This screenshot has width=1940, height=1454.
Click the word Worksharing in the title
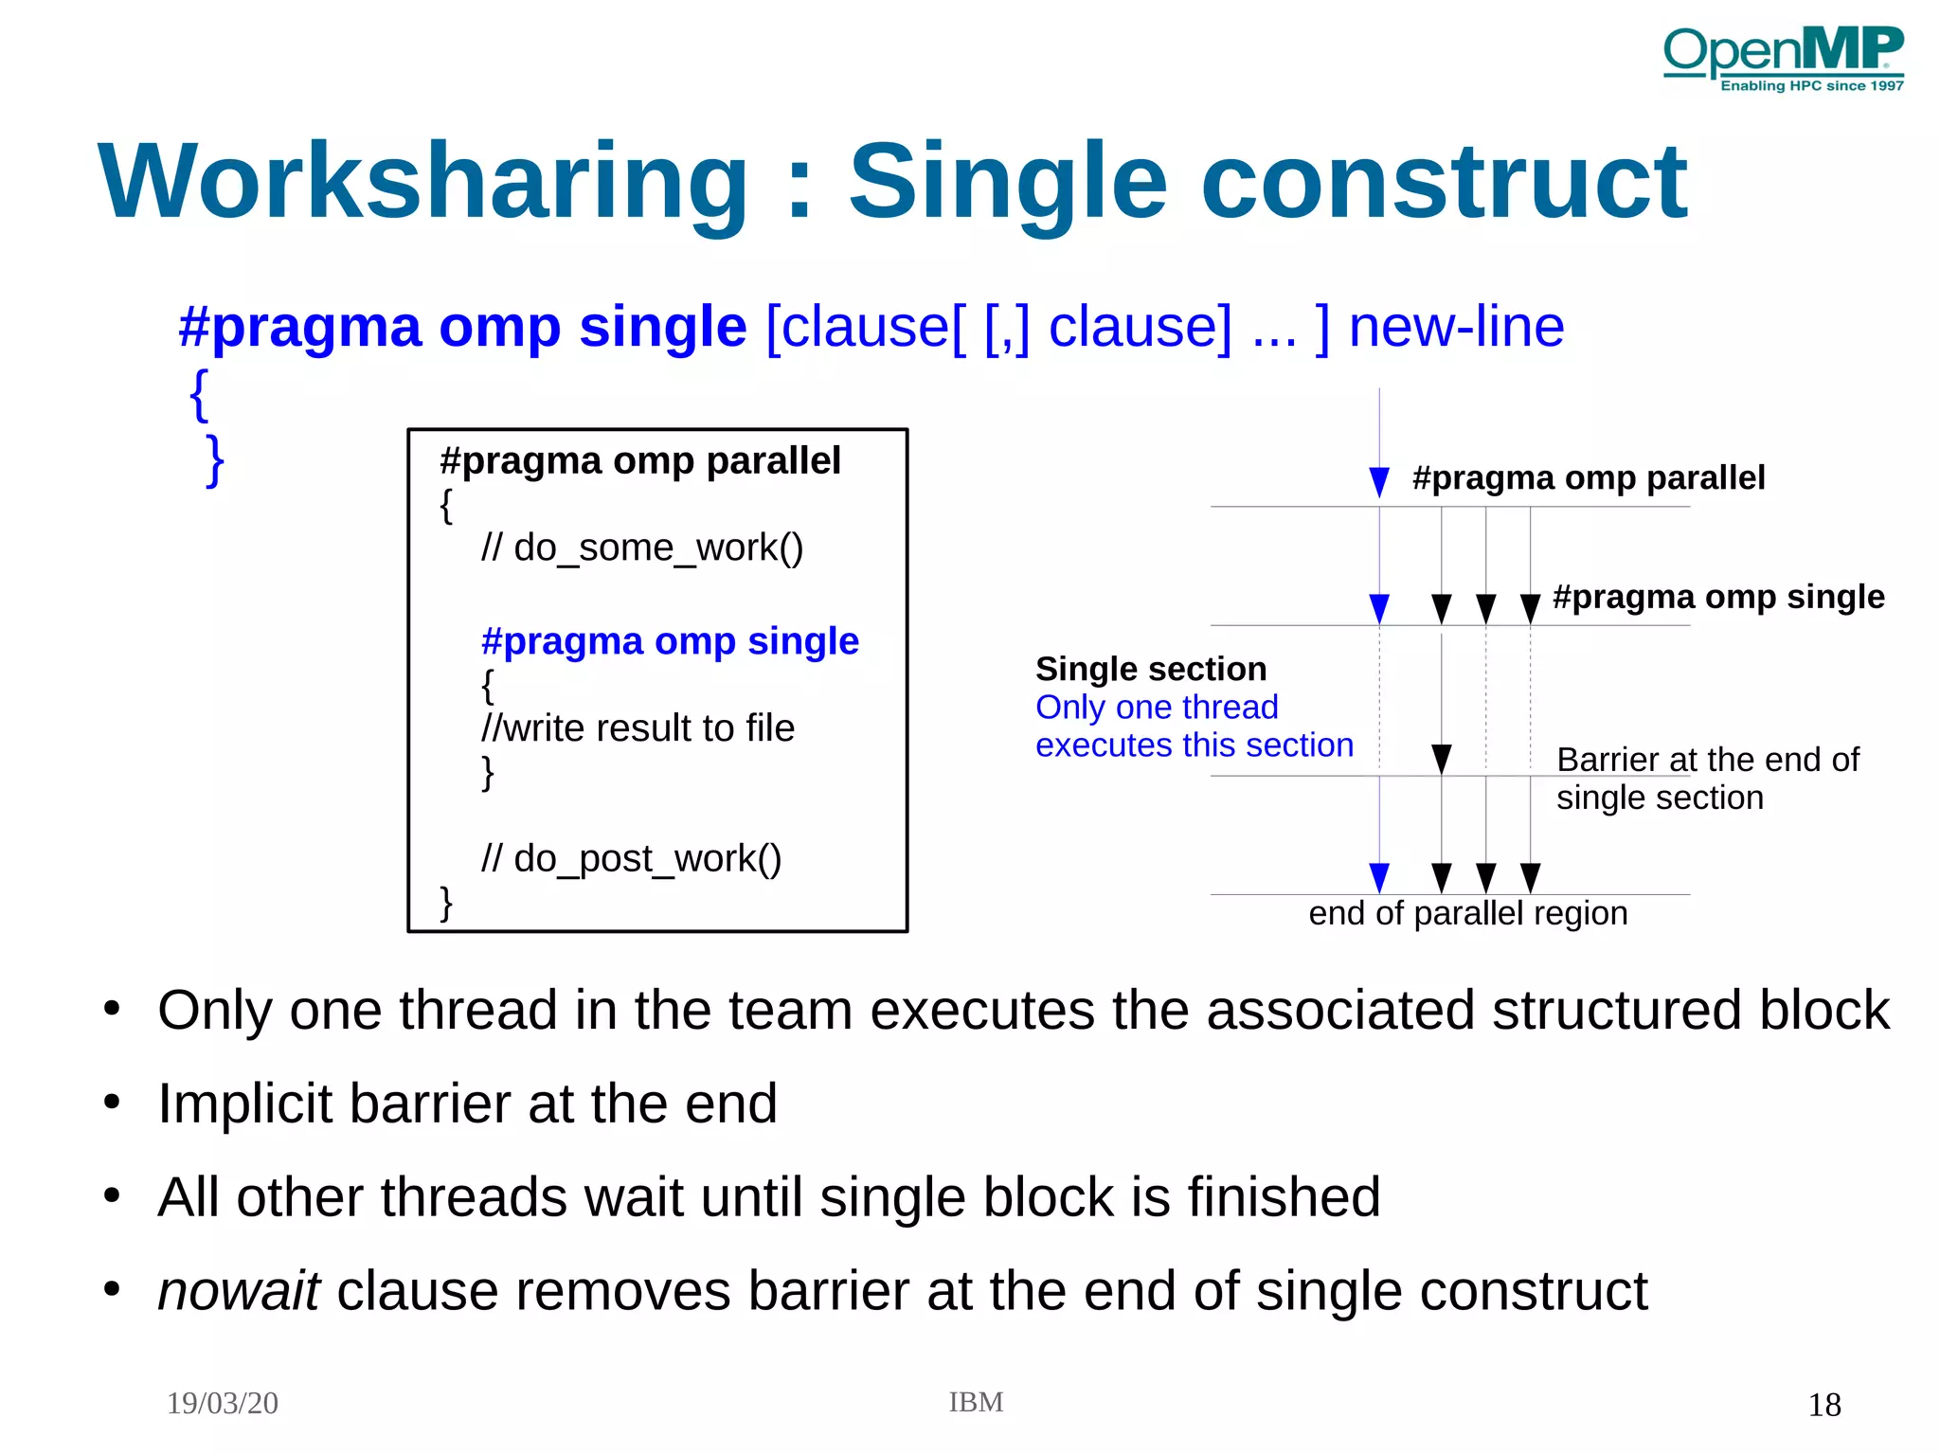coord(423,182)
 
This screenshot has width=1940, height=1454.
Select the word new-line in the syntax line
coord(1455,328)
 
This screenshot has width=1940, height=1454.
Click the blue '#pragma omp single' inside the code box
coord(670,641)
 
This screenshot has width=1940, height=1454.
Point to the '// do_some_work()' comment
coord(642,547)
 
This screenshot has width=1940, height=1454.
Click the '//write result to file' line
coord(638,728)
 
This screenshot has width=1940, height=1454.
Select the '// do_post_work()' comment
coord(631,859)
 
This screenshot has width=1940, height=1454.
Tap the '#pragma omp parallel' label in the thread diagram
coord(1588,477)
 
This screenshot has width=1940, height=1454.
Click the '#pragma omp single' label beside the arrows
coord(1718,597)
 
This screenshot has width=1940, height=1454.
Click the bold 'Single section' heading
coord(1150,669)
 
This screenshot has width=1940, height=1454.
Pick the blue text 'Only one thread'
coord(1157,708)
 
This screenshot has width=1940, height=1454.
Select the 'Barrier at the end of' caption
coord(1707,760)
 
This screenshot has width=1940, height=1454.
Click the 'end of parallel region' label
coord(1467,913)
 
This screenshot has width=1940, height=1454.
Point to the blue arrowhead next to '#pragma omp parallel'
coord(1379,481)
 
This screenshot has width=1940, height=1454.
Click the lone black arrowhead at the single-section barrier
coord(1441,759)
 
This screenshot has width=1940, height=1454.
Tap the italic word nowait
coord(239,1291)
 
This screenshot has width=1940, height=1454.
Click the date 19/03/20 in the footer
coord(223,1403)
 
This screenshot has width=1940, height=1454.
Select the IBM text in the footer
coord(976,1402)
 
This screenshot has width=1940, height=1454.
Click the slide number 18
coord(1823,1405)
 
